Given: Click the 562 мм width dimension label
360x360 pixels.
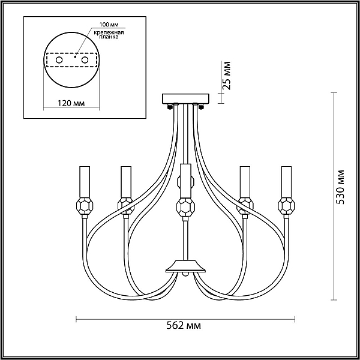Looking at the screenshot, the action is pos(184,326).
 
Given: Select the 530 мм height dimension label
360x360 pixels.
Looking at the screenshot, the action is pos(340,187).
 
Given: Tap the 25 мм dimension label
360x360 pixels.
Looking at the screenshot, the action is pos(226,76).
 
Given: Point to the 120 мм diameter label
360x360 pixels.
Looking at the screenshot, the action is pos(71,103).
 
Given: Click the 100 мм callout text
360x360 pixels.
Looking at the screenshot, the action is pos(109,25).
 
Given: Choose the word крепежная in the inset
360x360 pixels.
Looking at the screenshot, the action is pos(109,32).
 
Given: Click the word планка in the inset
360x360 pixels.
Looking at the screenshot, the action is pos(109,37).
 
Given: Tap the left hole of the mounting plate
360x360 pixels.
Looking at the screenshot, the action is pos(59,60).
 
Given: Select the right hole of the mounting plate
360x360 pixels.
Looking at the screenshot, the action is pos(85,60).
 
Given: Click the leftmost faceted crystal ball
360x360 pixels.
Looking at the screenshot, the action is pos(85,206).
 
